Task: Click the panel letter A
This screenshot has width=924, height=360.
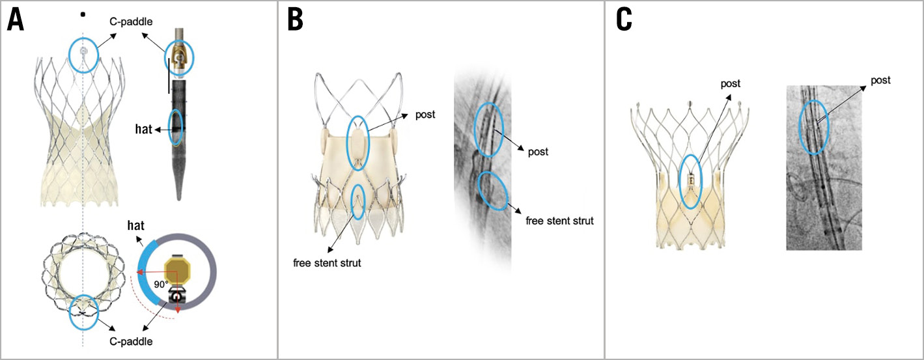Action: pos(15,20)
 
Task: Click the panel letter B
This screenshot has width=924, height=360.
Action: pos(296,20)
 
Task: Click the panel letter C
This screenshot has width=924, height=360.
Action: pos(624,20)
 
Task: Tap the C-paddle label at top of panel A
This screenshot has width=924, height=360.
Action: pos(131,22)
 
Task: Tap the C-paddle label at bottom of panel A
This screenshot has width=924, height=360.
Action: pos(131,341)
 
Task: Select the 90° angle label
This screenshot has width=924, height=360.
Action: pos(161,284)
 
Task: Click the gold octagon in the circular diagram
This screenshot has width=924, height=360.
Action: pos(177,271)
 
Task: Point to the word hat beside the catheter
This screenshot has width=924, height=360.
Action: pos(143,130)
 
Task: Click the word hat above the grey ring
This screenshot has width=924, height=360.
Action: pos(135,225)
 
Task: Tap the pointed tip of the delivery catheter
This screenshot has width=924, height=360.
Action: pos(179,200)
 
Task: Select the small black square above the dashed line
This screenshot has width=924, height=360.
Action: pos(83,14)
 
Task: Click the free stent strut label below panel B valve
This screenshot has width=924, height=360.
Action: pos(327,263)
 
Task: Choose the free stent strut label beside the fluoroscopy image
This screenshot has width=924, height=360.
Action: pos(559,221)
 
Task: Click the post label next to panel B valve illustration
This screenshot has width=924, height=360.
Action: pos(425,115)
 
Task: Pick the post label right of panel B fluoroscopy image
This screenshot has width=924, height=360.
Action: pos(539,152)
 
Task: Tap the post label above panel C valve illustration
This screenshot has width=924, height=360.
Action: pos(731,84)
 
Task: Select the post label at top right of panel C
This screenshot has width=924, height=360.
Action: pos(880,81)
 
